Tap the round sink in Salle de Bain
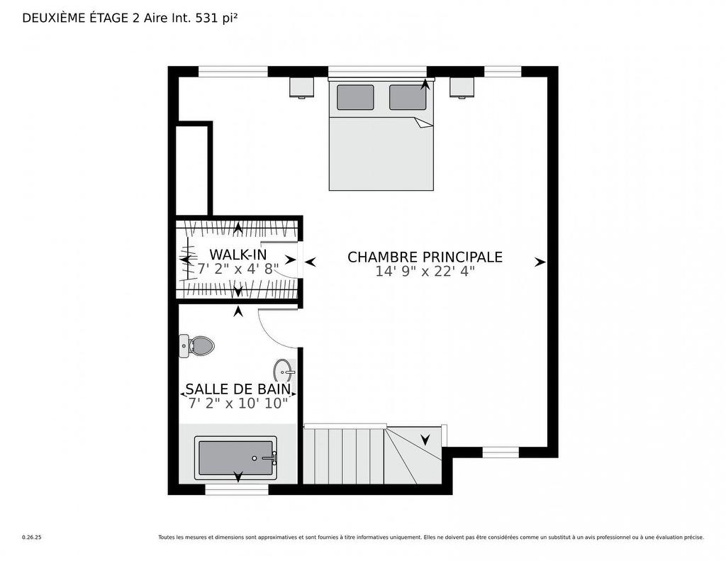point(284,372)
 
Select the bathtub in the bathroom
point(235,458)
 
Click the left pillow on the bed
point(355,97)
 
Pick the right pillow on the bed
point(408,97)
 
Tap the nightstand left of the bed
point(302,87)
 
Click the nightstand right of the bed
point(462,87)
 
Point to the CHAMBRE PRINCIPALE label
point(425,257)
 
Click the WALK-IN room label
point(238,255)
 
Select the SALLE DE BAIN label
point(238,389)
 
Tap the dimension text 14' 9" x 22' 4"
point(425,271)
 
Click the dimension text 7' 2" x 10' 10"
point(238,403)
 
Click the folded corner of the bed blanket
point(423,123)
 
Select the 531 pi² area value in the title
point(217,18)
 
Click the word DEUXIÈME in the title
point(51,18)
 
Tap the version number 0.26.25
point(32,538)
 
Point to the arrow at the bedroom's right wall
point(540,262)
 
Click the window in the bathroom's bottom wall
point(237,489)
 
